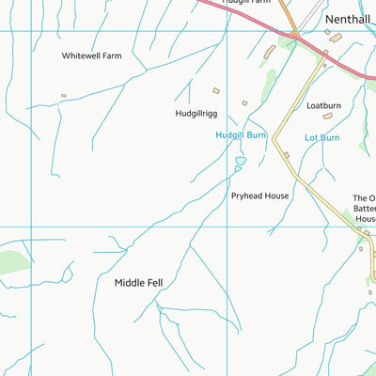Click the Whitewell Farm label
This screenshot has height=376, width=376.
coord(92,55)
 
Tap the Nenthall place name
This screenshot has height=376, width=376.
coord(349,18)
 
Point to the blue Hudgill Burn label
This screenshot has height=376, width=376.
coord(242,135)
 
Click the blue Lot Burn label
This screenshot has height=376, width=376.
coord(321,137)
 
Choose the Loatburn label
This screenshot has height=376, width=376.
coord(324,105)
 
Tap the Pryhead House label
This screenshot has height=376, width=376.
coord(260,196)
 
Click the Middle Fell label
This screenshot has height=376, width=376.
coord(139,282)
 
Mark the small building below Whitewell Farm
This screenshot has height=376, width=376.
coord(64,95)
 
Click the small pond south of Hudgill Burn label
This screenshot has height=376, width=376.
coord(240,162)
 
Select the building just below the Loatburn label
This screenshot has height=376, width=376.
coord(328,117)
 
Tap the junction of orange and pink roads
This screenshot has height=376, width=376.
coord(294,36)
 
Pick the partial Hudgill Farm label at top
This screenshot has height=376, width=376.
coord(246,3)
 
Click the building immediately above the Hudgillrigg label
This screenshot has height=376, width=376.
coord(216,91)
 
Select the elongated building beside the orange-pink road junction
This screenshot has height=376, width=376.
coord(270,50)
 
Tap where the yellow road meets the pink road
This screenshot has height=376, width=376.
coord(323,58)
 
